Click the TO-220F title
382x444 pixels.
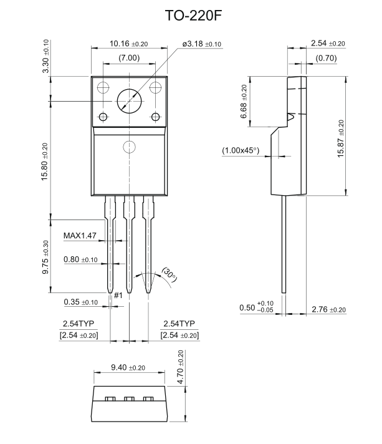pos(191,16)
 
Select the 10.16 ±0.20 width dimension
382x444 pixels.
pos(128,44)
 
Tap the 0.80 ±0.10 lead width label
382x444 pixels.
pos(80,259)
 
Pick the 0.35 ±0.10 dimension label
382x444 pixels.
pos(80,302)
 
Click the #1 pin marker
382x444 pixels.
pos(117,294)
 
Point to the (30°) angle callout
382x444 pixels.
pos(169,273)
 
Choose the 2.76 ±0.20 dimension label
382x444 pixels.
pos(328,309)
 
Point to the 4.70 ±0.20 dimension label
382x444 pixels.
pos(181,368)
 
